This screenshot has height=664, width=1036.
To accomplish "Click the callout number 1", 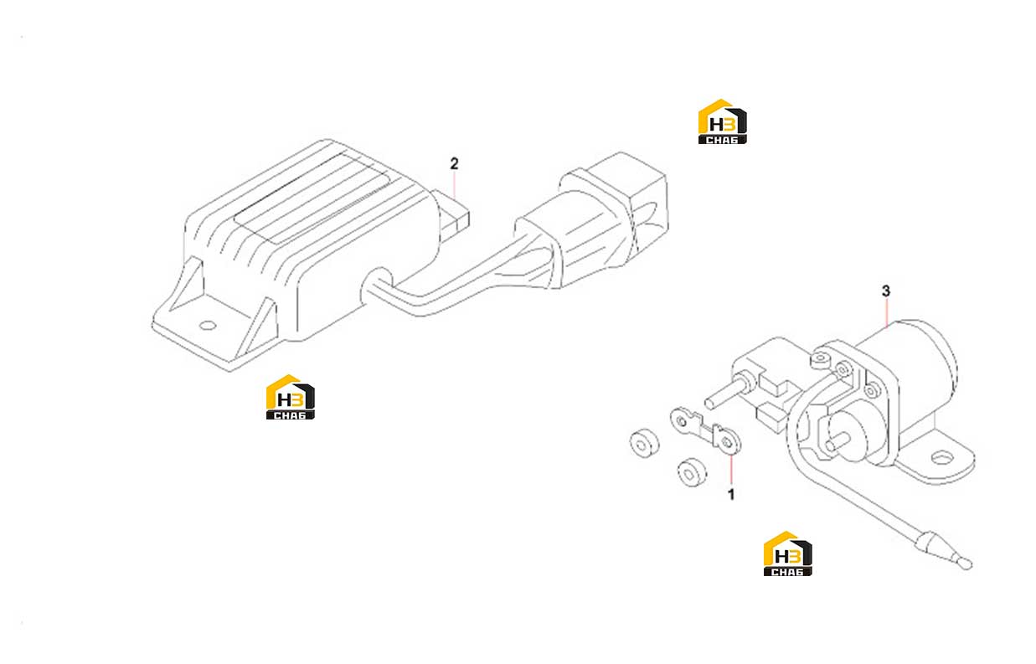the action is (x=731, y=494).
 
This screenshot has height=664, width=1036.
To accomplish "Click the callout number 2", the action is (x=454, y=163).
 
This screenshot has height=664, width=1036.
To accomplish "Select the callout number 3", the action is (x=886, y=291).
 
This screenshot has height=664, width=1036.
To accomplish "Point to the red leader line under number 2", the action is (x=455, y=185).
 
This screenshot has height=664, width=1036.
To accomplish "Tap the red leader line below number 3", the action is (x=886, y=313).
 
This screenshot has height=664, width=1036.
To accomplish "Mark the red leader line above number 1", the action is (x=731, y=471).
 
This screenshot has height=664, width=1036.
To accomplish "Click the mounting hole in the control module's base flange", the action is (x=207, y=326).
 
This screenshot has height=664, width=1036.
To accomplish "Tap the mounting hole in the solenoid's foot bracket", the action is (x=941, y=458).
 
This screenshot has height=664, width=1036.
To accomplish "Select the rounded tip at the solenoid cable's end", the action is (x=966, y=564).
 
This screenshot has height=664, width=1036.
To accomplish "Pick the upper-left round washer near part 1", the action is (x=644, y=444).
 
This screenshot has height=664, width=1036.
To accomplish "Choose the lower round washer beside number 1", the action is (x=692, y=472).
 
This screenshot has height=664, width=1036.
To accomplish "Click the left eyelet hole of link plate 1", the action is (x=681, y=421).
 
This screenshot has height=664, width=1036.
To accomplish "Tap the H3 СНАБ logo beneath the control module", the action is (x=291, y=397).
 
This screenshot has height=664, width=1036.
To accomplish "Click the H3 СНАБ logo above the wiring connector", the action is (x=723, y=121).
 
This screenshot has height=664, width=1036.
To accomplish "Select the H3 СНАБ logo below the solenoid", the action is (x=787, y=553).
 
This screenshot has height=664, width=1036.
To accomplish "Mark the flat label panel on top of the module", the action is (x=313, y=198).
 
